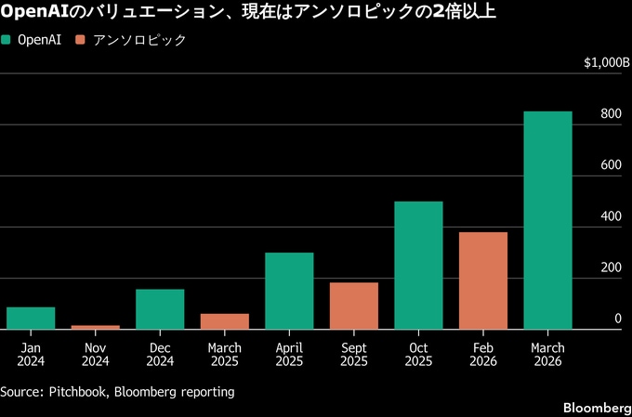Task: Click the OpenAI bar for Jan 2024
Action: pyautogui.click(x=31, y=318)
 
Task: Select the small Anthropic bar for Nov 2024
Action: pyautogui.click(x=95, y=327)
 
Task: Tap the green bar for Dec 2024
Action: pyautogui.click(x=160, y=309)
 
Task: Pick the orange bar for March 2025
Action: pyautogui.click(x=225, y=321)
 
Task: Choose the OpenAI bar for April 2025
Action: pyautogui.click(x=289, y=291)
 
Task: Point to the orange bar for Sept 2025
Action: pyautogui.click(x=354, y=306)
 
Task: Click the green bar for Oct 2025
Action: pyautogui.click(x=418, y=265)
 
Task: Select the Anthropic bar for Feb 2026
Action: pyautogui.click(x=483, y=280)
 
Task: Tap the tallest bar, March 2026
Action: pyautogui.click(x=547, y=220)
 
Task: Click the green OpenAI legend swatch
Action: pyautogui.click(x=7, y=41)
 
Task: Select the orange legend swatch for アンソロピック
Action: pyautogui.click(x=81, y=41)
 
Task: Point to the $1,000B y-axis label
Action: pyautogui.click(x=607, y=62)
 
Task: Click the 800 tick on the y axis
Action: pyautogui.click(x=611, y=114)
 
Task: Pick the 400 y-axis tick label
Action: pyautogui.click(x=611, y=216)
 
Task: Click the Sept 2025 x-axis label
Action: pyautogui.click(x=354, y=354)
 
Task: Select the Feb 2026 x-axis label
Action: pyautogui.click(x=483, y=354)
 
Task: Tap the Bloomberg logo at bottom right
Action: pyautogui.click(x=597, y=409)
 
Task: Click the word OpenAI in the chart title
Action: pyautogui.click(x=33, y=12)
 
